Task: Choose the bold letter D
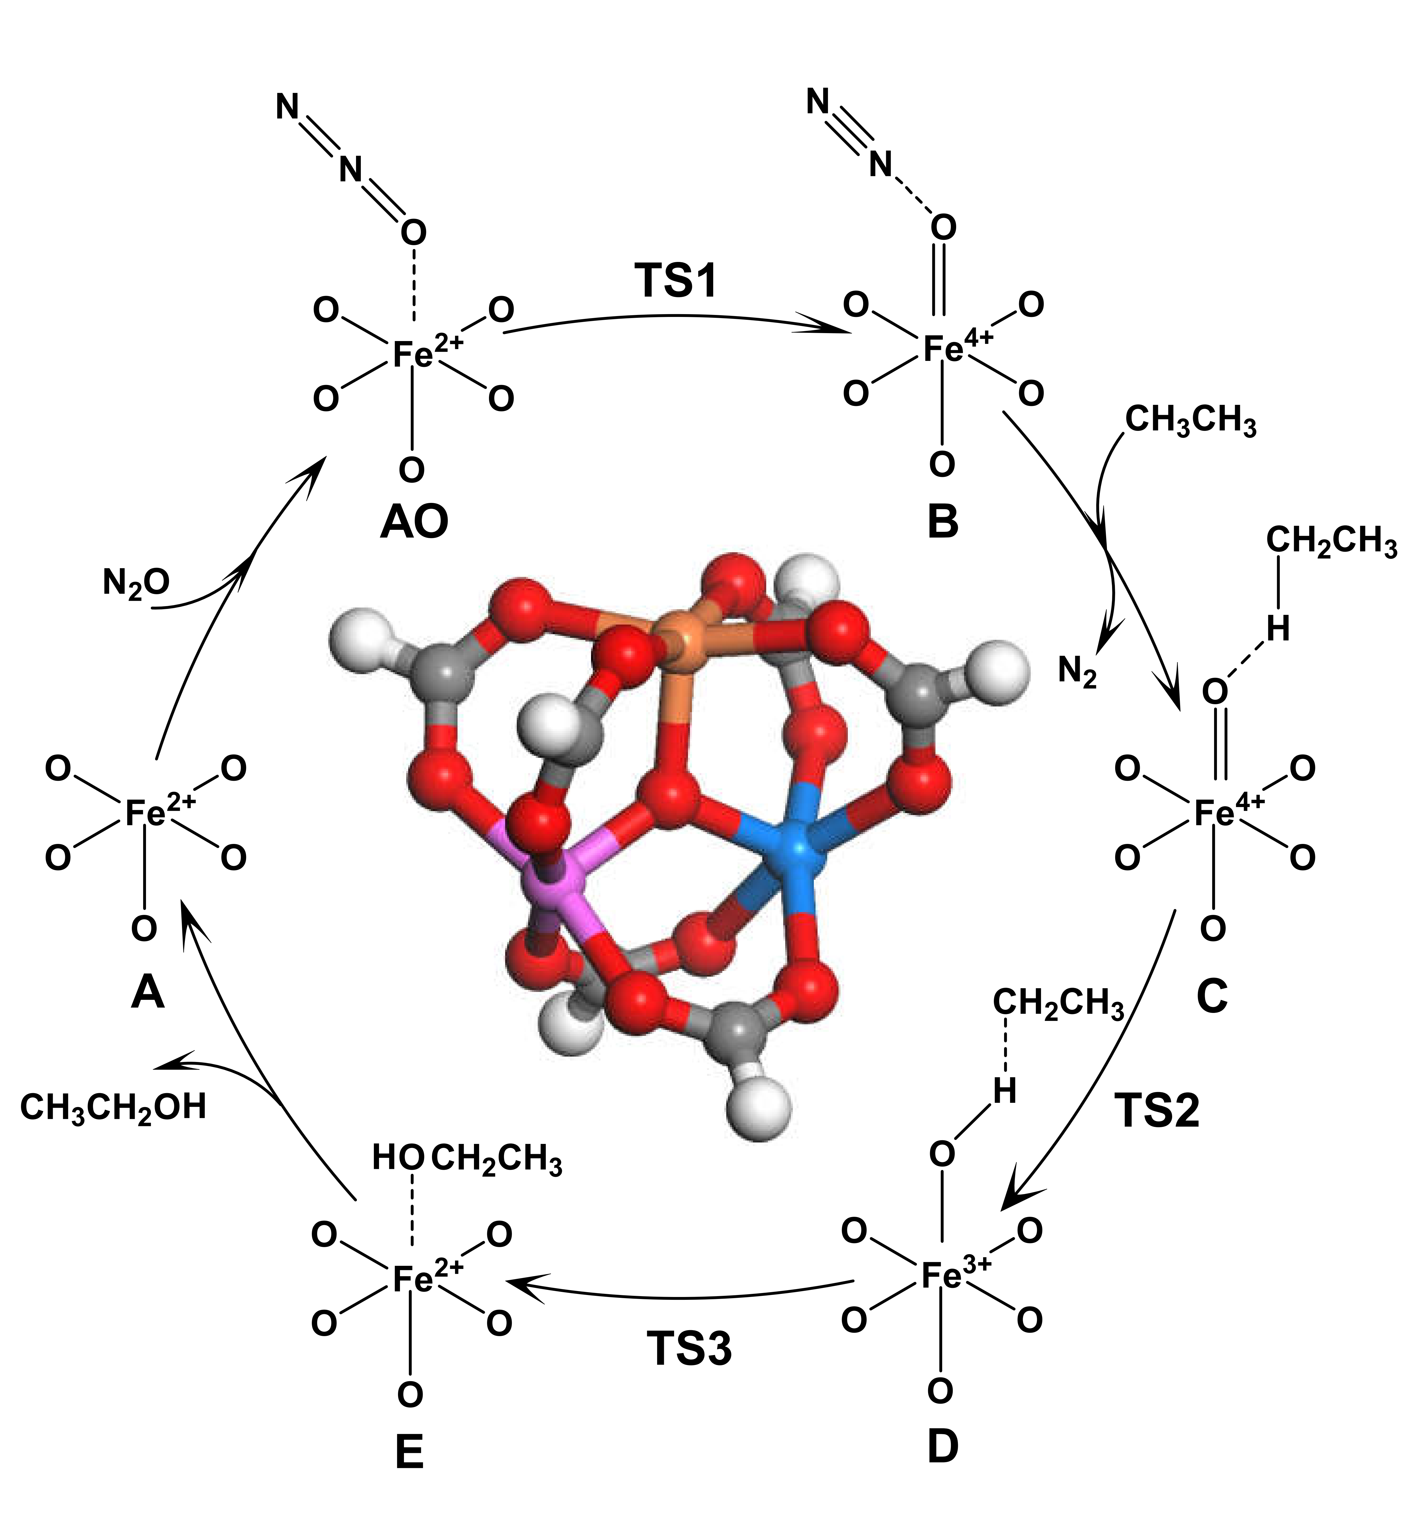[x=942, y=1448]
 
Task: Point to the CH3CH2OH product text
[x=113, y=1106]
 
